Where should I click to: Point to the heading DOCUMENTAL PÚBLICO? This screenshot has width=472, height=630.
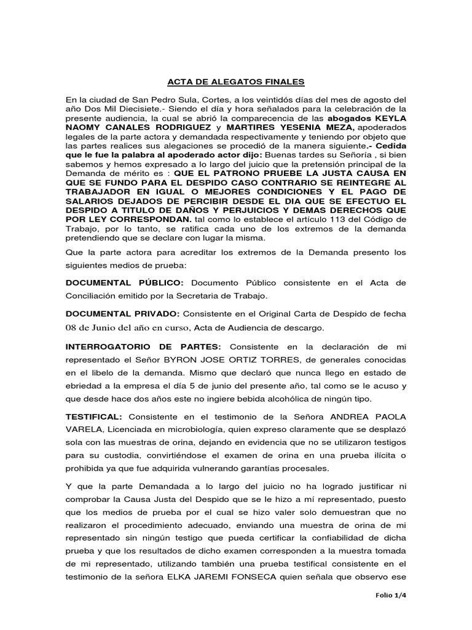(125, 282)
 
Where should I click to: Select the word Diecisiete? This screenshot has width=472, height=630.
(146, 108)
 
